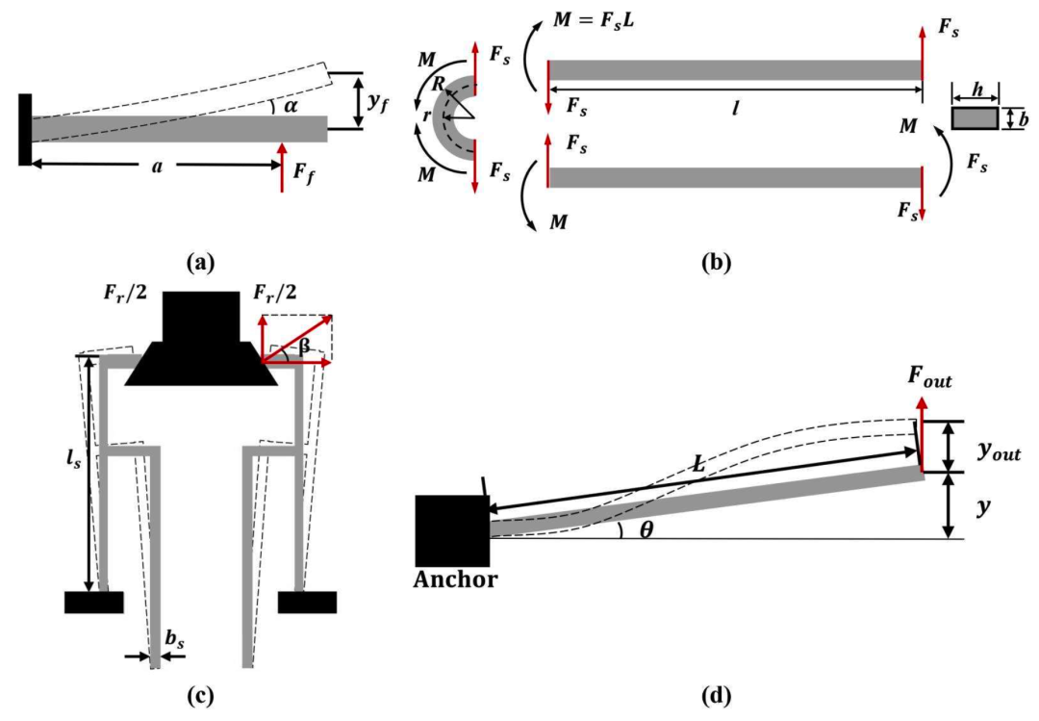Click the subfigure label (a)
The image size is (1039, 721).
point(201,263)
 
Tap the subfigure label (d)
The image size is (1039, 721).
point(716,696)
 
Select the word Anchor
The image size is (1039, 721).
point(455,579)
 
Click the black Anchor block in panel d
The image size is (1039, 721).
point(452,530)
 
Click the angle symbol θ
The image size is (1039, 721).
point(646,529)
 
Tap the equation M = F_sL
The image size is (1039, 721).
point(593,20)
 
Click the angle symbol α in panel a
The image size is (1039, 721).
point(291,105)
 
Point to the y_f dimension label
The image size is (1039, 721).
point(378,103)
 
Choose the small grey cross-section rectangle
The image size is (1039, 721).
point(975,118)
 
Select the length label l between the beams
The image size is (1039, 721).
point(735,108)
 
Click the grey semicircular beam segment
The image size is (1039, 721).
point(440,117)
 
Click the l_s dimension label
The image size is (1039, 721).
point(73,458)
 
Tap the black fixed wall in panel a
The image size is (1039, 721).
point(25,129)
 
